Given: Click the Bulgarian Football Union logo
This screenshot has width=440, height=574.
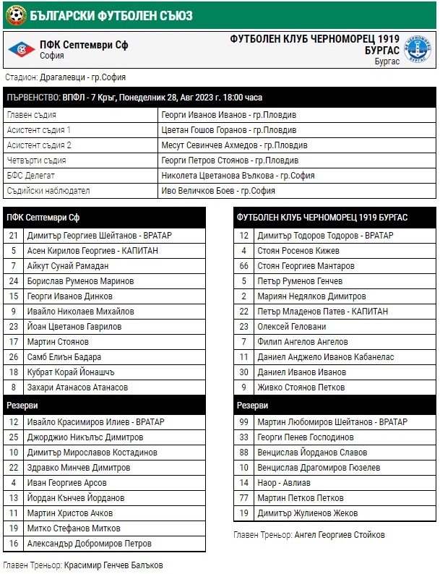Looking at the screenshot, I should (x=15, y=12).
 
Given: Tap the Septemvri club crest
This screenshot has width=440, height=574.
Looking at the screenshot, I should (x=21, y=49).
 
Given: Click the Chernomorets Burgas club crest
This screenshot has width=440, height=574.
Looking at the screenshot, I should (x=418, y=49).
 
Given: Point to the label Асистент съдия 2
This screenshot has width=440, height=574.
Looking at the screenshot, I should (x=39, y=145).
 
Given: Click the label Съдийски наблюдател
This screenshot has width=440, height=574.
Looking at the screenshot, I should (x=48, y=190).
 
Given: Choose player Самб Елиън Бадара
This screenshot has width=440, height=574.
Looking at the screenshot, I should (x=64, y=356).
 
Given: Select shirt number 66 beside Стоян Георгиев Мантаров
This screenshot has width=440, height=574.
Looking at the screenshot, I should (x=244, y=265).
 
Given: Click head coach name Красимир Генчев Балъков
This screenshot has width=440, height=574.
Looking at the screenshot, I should (x=113, y=564).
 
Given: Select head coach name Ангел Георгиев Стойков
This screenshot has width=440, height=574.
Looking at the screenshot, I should (x=339, y=534).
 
